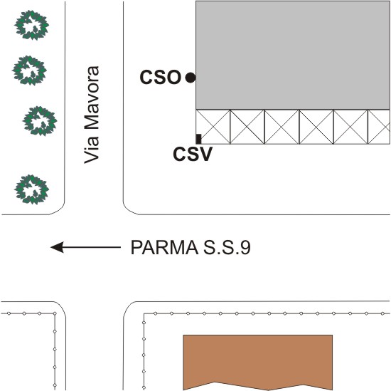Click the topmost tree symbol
(x=32, y=25)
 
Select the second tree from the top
(x=29, y=71)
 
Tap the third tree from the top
(x=40, y=121)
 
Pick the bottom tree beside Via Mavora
(x=32, y=189)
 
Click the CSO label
(x=161, y=77)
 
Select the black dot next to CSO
(x=191, y=78)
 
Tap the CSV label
(x=193, y=154)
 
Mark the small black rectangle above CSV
(x=198, y=139)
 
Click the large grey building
(x=293, y=56)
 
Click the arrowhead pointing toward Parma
(x=57, y=247)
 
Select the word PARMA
(x=164, y=248)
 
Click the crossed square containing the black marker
(x=213, y=127)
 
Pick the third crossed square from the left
(x=282, y=127)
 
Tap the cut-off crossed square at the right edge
(x=379, y=127)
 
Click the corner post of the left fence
(x=55, y=313)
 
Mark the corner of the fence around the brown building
(x=144, y=314)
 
